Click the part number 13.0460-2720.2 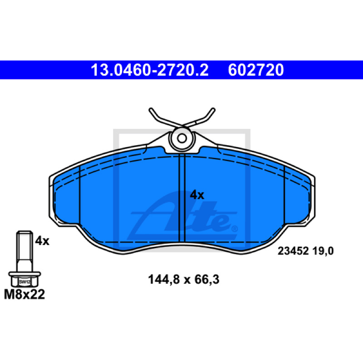150,70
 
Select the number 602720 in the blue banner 256,70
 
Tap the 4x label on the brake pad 197,195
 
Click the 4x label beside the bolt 42,241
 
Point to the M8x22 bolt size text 25,294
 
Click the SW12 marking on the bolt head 25,282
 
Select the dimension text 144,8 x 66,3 184,280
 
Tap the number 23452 293,251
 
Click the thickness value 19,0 323,251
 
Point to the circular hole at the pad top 182,138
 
